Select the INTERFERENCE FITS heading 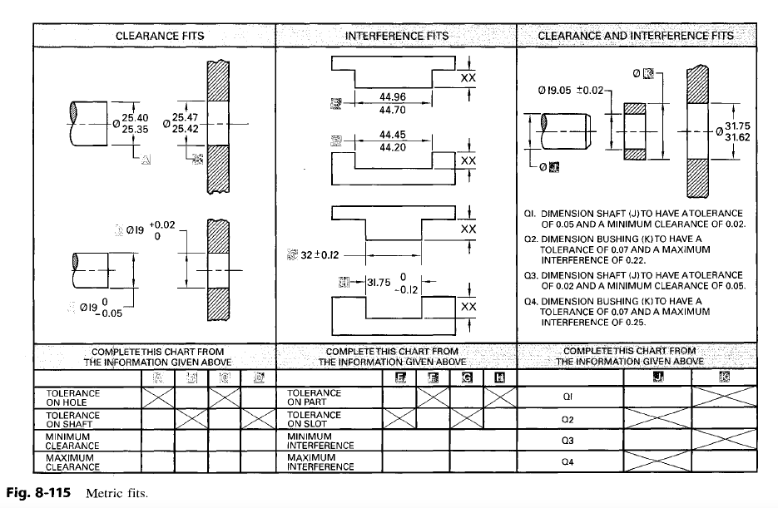(396, 36)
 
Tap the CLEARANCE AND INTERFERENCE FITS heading (636, 36)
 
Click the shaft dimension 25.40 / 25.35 (136, 124)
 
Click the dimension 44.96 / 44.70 (393, 103)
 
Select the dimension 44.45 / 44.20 (393, 141)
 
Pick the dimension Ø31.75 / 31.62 (736, 131)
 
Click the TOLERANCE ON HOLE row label (72, 397)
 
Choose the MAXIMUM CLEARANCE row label (72, 462)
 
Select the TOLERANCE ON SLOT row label (314, 419)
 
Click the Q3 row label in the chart (568, 440)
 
